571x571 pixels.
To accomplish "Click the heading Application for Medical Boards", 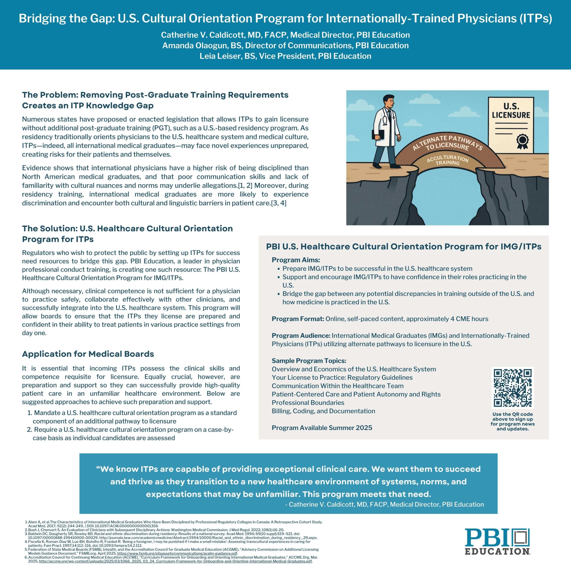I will tap(88, 354).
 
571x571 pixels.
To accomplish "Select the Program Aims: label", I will tap(296, 260).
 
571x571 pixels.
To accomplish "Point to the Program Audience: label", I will tap(301, 336).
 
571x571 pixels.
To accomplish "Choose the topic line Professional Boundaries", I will tap(308, 403).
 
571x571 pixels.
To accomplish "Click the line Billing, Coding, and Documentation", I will tap(323, 411).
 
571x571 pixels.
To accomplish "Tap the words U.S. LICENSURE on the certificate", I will tap(511, 111).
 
